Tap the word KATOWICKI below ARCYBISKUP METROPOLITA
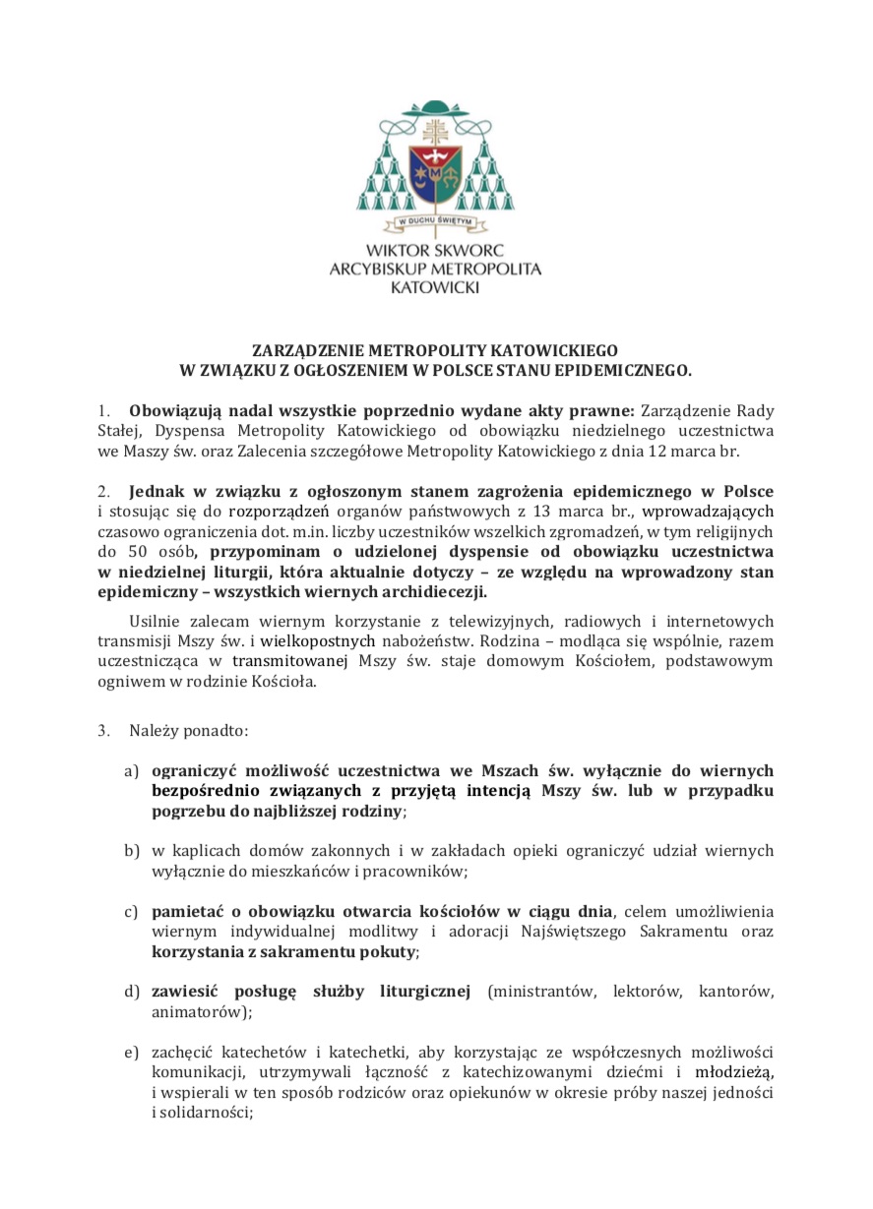coord(434,287)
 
